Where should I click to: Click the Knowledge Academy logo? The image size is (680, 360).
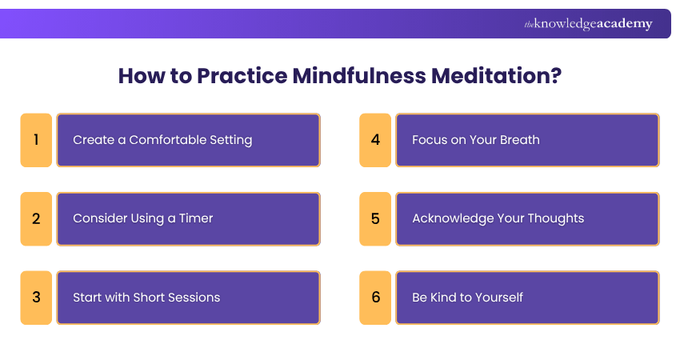[588, 24]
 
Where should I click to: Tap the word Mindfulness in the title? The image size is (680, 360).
[359, 76]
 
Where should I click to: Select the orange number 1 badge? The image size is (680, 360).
[36, 140]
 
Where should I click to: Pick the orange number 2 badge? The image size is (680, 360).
[36, 219]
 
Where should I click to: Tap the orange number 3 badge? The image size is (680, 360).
[36, 298]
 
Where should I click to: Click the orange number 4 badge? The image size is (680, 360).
[375, 140]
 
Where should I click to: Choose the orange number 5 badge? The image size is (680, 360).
[375, 219]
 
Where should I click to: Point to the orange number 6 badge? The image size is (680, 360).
[375, 298]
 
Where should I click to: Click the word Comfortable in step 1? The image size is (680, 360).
[168, 140]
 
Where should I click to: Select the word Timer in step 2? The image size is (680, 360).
[196, 218]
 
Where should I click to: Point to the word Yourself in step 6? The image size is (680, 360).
[499, 297]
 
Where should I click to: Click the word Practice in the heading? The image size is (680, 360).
[242, 76]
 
